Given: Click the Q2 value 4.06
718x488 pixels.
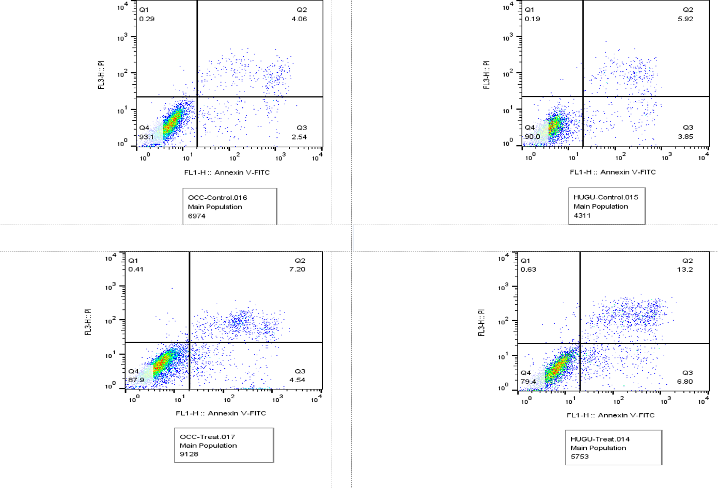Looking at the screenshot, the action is [x=299, y=19].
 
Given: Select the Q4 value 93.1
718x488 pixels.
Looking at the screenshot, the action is [x=147, y=137].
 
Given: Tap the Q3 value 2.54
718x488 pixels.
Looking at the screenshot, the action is [x=299, y=137].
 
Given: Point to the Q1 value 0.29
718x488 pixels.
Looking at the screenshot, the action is [x=147, y=19].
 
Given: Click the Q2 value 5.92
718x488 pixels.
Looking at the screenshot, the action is [x=685, y=19].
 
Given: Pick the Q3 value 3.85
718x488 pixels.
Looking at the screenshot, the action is [x=685, y=136].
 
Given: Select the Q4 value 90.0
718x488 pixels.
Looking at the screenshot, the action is [x=533, y=136].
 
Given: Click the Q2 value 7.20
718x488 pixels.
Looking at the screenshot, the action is [x=297, y=269].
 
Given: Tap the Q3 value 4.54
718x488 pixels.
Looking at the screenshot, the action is [x=297, y=380].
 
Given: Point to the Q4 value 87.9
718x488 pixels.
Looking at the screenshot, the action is [x=136, y=380].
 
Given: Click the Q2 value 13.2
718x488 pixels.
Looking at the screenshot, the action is [x=685, y=270].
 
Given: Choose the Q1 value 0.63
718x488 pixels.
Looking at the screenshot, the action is [x=528, y=270].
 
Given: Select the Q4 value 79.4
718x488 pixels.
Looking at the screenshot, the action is [x=528, y=382].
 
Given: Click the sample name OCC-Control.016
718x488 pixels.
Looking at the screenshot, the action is [x=217, y=198].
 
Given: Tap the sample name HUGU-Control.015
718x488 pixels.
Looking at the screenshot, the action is [x=606, y=197].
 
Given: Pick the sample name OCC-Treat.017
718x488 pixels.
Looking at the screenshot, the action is [x=207, y=437].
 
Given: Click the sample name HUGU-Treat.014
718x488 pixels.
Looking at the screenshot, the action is [x=600, y=439].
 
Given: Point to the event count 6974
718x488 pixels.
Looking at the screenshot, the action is [x=196, y=216].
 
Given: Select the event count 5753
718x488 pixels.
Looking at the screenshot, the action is [x=580, y=456].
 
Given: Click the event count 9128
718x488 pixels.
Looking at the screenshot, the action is [x=189, y=454].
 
